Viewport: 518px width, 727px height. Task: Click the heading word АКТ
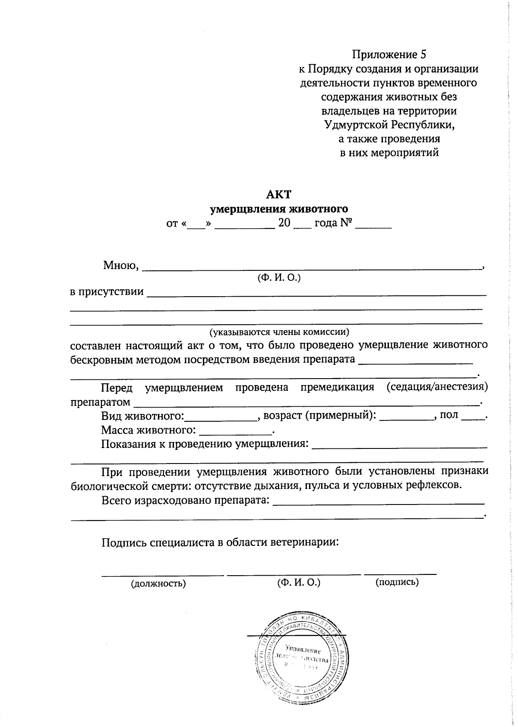click(x=278, y=194)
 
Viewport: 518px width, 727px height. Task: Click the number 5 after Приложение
click(x=423, y=55)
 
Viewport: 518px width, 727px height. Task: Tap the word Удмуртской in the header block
click(x=357, y=125)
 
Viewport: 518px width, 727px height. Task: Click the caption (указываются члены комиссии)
click(x=279, y=332)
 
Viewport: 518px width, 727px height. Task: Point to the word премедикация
click(x=337, y=387)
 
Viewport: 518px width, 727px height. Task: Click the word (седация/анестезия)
click(x=437, y=387)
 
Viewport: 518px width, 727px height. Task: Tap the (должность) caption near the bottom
click(x=158, y=584)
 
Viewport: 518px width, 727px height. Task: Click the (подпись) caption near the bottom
click(x=397, y=582)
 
